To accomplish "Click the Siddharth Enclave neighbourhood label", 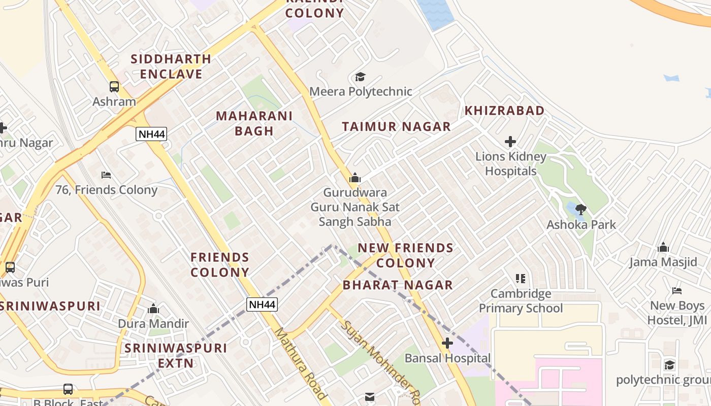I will (171, 66).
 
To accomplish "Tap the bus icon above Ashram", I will (114, 87).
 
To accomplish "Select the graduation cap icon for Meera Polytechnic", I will (360, 77).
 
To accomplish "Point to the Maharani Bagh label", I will (254, 123).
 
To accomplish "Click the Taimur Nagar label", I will (396, 127).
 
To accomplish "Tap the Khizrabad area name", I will (504, 111).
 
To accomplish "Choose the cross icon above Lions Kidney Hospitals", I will (510, 142).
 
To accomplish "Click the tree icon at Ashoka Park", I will (581, 209).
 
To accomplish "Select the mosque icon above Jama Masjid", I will (663, 248).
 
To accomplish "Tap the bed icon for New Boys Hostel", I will (676, 291).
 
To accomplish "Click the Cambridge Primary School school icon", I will (520, 279).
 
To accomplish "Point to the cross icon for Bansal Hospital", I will (447, 343).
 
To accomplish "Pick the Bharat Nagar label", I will (398, 285).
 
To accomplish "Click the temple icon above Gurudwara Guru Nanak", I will (354, 178).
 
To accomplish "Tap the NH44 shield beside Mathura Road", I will (262, 304).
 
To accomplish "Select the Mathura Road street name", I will (300, 363).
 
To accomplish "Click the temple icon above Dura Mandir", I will (153, 309).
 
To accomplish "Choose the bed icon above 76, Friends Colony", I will (106, 175).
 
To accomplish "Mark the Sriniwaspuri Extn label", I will (176, 356).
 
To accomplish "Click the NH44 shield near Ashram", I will (151, 134).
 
